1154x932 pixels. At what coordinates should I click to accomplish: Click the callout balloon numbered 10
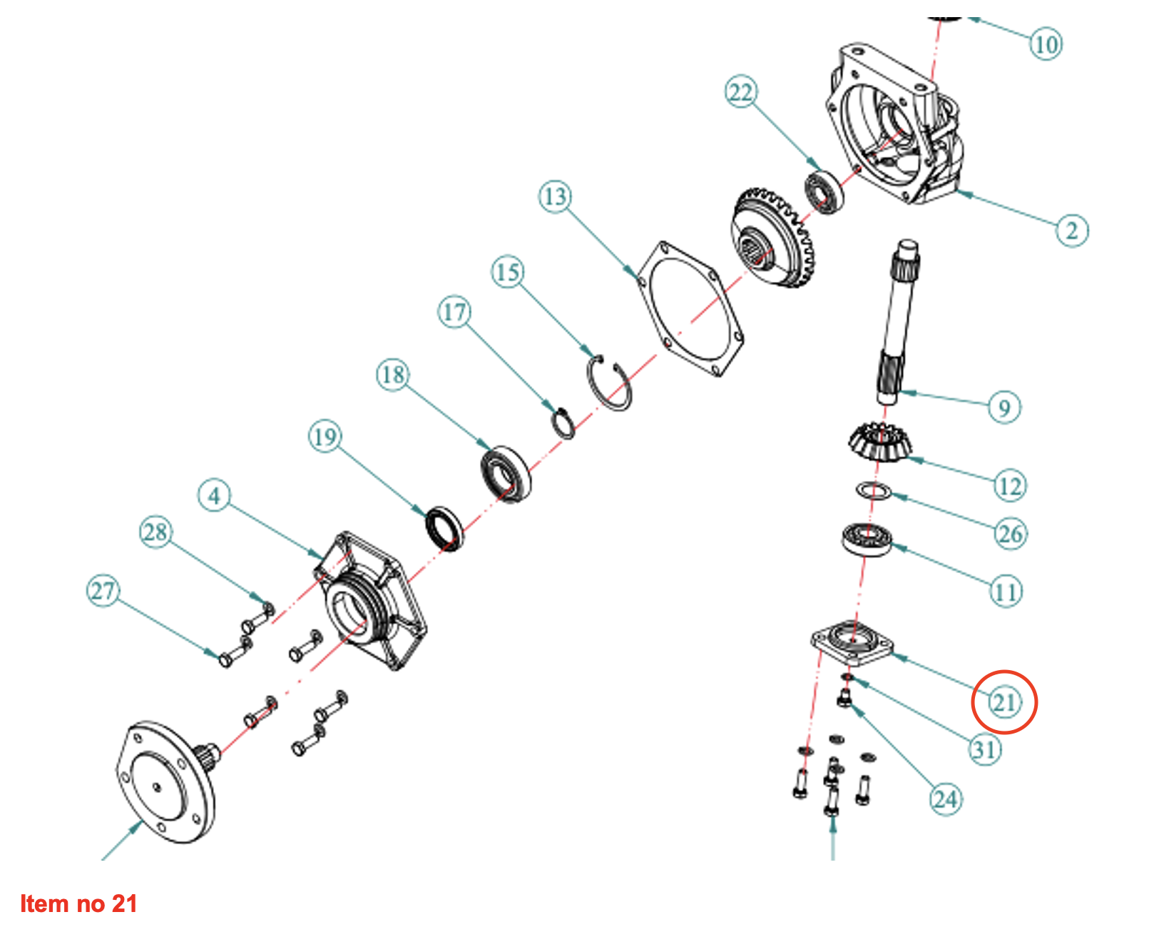[1046, 44]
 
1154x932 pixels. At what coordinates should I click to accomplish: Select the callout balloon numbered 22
[741, 93]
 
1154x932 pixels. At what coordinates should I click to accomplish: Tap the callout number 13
[555, 196]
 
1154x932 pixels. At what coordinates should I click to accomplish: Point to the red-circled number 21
[1004, 703]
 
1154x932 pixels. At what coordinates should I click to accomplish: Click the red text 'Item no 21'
[78, 903]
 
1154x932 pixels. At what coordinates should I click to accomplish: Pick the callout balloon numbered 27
[103, 591]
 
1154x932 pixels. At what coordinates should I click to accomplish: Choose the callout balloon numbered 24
[946, 799]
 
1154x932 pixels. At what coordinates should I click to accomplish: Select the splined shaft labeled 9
[897, 321]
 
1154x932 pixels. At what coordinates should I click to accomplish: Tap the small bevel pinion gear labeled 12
[870, 442]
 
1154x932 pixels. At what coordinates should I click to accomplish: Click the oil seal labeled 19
[444, 528]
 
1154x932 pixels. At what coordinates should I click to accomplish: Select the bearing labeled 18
[505, 472]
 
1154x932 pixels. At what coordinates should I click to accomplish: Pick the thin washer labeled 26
[874, 491]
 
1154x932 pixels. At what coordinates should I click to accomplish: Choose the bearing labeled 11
[866, 540]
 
